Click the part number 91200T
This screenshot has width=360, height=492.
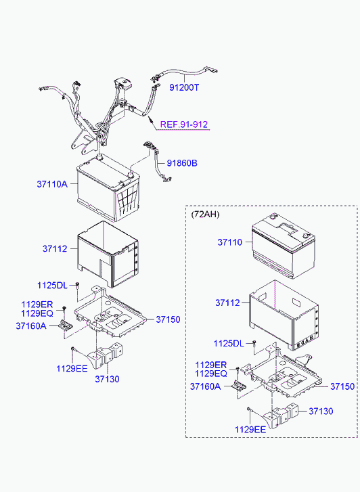184,87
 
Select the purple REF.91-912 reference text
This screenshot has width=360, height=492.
184,125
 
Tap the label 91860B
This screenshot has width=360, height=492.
182,163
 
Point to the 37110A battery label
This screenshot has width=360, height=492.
52,184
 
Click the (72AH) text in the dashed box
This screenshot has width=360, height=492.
205,215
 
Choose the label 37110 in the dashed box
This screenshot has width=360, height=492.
230,242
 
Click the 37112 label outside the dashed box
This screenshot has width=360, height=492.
55,249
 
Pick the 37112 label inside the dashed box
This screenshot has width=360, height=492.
227,303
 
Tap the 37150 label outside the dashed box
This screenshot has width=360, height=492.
168,319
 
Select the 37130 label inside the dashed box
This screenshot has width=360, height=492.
321,411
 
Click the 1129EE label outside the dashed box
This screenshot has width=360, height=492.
72,368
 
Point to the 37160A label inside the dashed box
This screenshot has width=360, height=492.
205,386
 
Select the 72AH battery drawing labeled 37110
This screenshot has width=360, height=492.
284,246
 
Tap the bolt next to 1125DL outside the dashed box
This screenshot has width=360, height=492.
78,285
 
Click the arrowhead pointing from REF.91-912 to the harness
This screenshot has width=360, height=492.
149,119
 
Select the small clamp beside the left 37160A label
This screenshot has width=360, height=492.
66,326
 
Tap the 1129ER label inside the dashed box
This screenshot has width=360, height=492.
210,365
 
